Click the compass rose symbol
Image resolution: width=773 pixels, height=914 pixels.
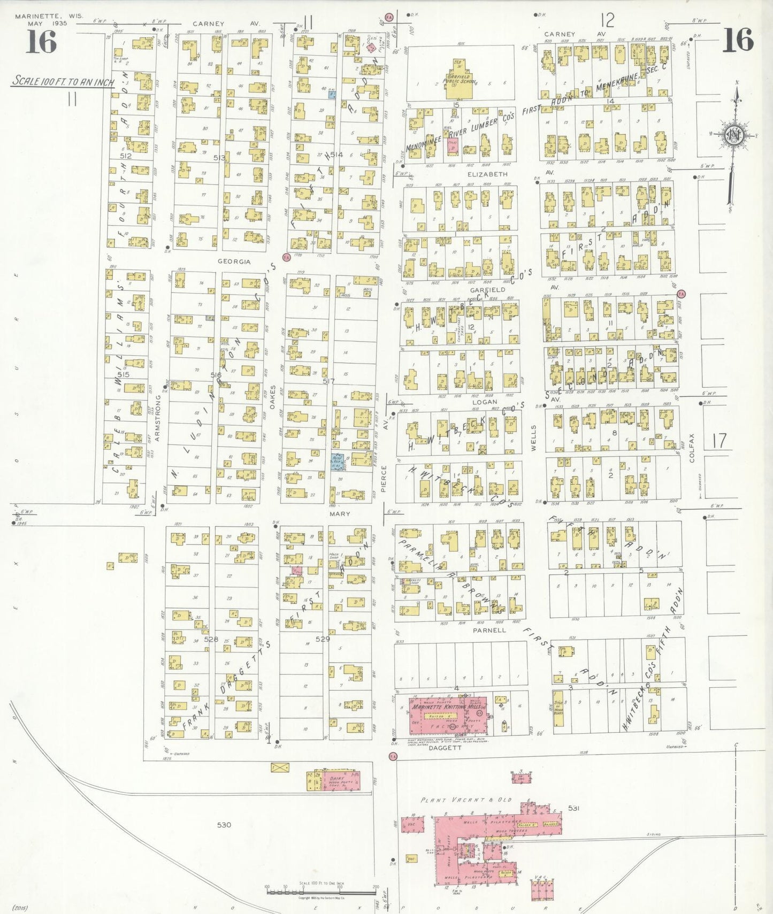click(x=732, y=134)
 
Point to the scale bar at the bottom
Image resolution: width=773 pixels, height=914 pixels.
click(x=322, y=889)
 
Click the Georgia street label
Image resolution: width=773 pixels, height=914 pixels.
click(x=234, y=262)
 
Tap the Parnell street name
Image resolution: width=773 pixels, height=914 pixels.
click(x=489, y=630)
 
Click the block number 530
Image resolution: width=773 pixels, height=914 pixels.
click(x=224, y=825)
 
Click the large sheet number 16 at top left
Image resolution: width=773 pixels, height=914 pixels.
click(x=41, y=42)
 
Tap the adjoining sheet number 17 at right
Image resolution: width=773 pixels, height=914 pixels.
click(x=720, y=441)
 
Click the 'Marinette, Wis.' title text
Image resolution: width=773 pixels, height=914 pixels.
click(x=49, y=16)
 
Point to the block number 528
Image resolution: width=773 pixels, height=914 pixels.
click(x=211, y=639)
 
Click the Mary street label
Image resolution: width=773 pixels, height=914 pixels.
click(x=340, y=513)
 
